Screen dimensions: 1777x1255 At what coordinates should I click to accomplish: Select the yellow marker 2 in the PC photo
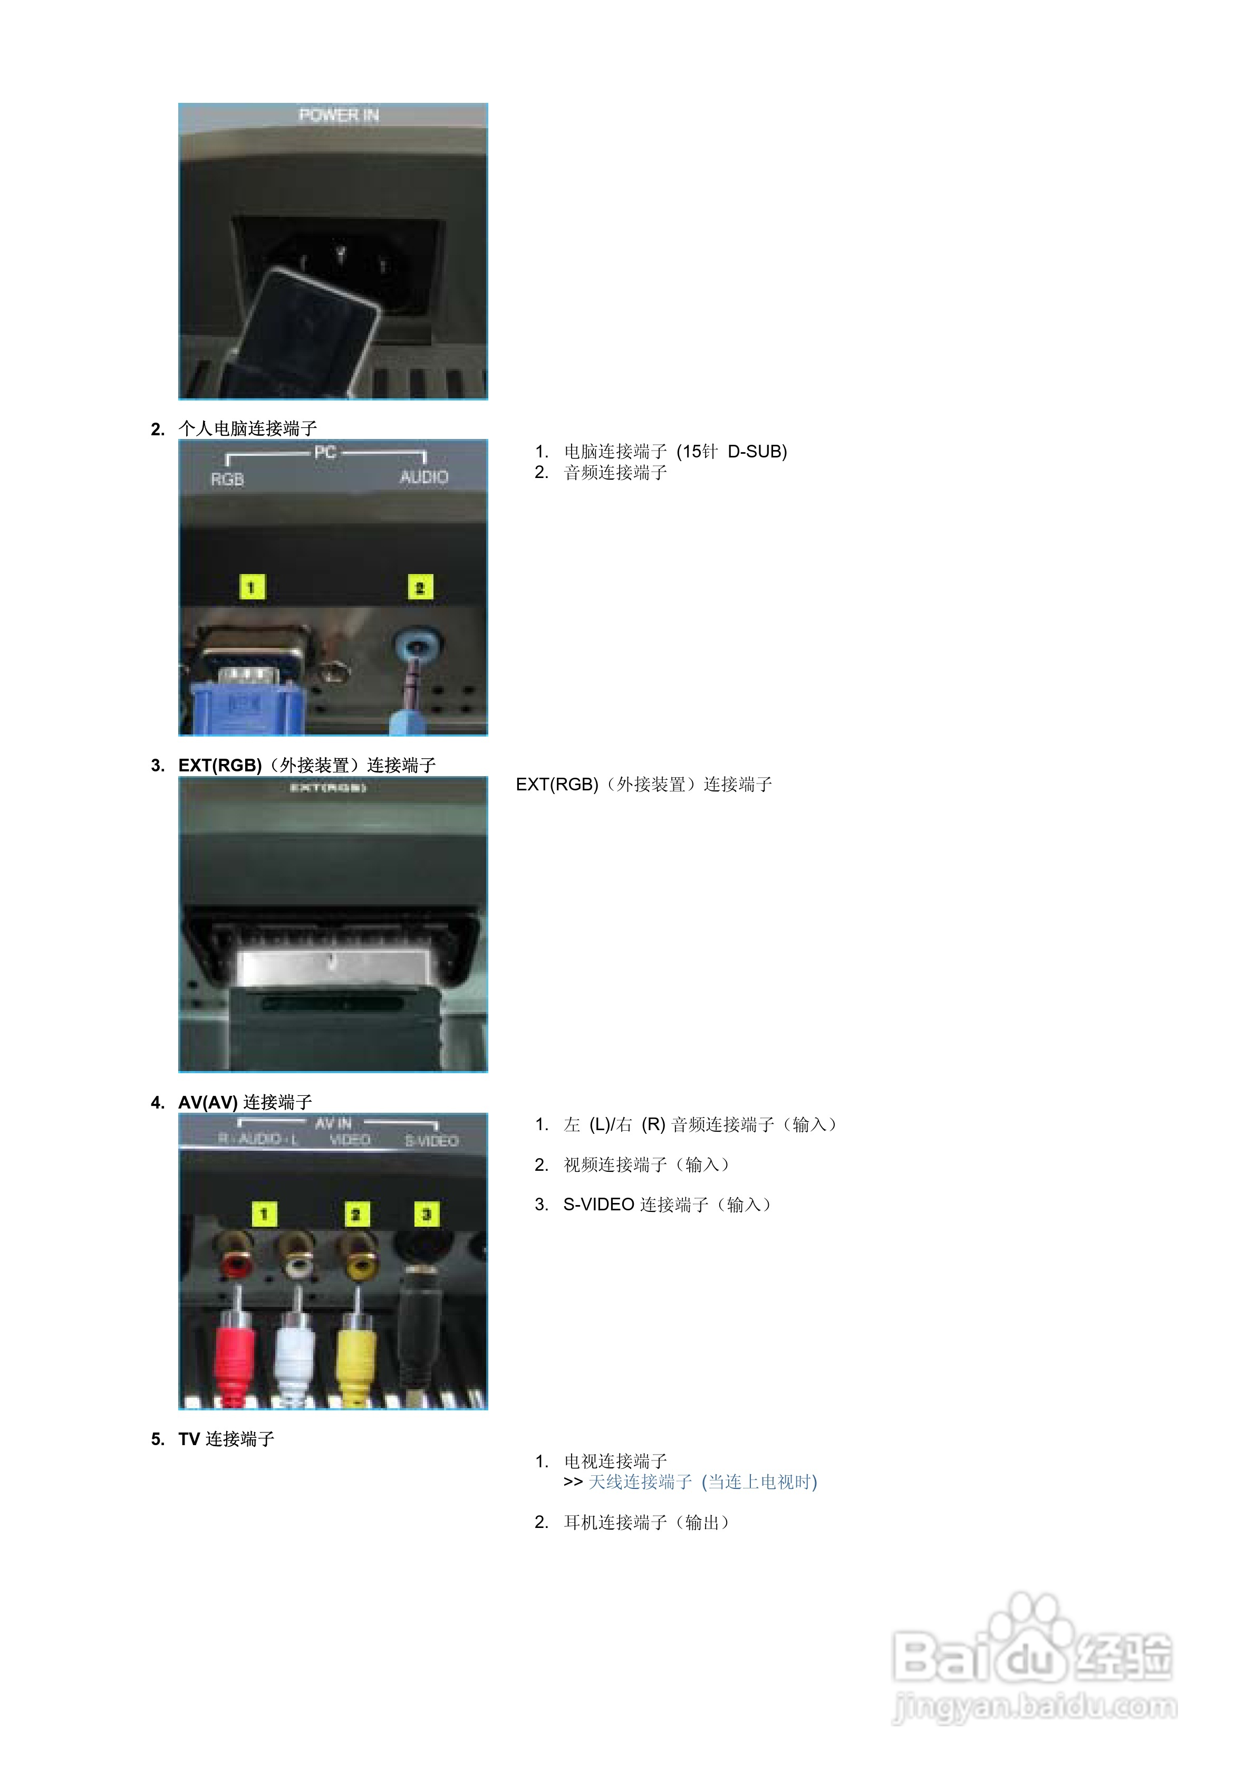(x=420, y=587)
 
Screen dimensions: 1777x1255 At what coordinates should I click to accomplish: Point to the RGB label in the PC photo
(x=227, y=480)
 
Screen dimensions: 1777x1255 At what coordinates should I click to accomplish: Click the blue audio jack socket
(x=419, y=644)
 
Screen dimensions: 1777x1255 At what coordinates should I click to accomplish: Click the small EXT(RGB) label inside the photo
(x=328, y=788)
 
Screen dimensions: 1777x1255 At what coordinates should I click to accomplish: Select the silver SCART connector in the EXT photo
(x=333, y=968)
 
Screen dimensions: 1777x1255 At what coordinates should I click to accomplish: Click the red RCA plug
(x=235, y=1351)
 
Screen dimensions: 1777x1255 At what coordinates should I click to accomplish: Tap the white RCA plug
(x=295, y=1351)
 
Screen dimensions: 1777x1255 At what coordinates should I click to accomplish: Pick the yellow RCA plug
(x=356, y=1351)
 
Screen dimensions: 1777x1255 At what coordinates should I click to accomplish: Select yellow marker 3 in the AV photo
(x=426, y=1214)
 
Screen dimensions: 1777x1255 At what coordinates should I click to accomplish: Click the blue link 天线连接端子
(x=640, y=1482)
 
